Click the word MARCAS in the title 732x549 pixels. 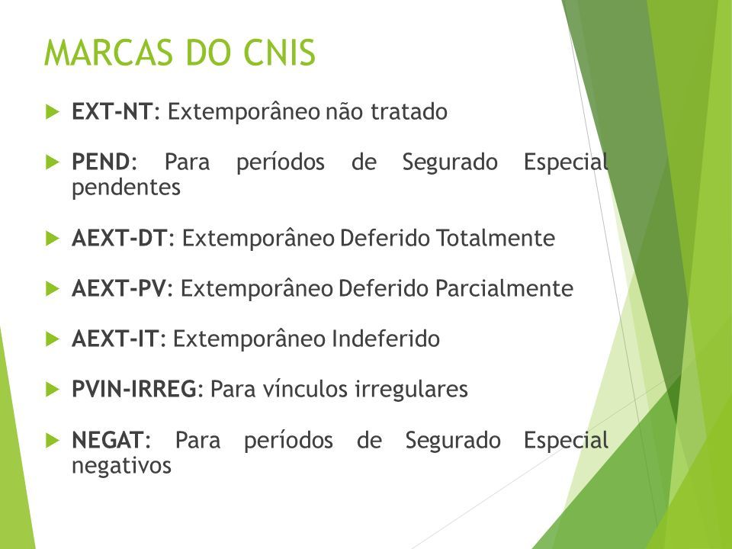click(x=109, y=53)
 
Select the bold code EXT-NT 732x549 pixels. click(x=112, y=111)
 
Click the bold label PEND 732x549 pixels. click(x=101, y=162)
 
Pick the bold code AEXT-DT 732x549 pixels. click(x=120, y=238)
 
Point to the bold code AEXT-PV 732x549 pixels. click(x=119, y=288)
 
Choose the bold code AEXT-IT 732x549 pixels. click(x=116, y=339)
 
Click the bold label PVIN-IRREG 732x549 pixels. click(x=134, y=389)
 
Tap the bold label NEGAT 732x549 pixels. click(x=108, y=440)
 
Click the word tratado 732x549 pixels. click(x=409, y=111)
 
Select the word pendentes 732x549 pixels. click(x=126, y=188)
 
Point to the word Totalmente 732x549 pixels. click(x=496, y=238)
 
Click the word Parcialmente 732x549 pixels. click(x=504, y=288)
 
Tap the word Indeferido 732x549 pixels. click(x=386, y=339)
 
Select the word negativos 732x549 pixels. click(x=122, y=466)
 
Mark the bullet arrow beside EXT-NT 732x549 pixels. click(x=53, y=112)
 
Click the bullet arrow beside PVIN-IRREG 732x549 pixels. click(x=53, y=390)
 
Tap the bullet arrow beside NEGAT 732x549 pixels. click(x=53, y=440)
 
